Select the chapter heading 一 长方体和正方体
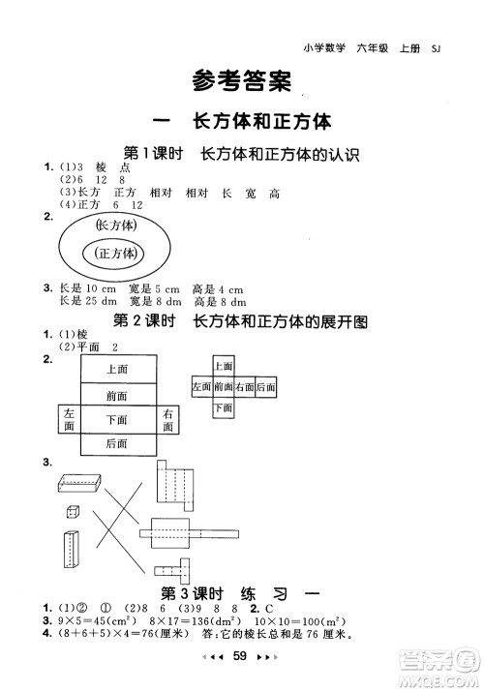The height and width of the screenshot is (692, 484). click(242, 122)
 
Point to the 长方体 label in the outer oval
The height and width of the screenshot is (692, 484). click(116, 225)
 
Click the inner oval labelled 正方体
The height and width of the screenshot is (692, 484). click(117, 253)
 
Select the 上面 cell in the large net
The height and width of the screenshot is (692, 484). click(118, 369)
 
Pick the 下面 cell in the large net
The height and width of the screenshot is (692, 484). click(118, 419)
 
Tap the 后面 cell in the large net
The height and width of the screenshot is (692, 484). click(118, 443)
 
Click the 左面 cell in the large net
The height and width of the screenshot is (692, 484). click(69, 419)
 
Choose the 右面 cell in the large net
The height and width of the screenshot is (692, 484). click(168, 419)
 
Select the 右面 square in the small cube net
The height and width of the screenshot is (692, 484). click(245, 387)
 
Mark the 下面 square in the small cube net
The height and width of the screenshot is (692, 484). click(224, 407)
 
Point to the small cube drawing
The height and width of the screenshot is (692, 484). click(73, 511)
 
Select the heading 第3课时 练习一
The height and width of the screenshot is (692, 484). click(242, 593)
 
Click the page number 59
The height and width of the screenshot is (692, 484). click(242, 658)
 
